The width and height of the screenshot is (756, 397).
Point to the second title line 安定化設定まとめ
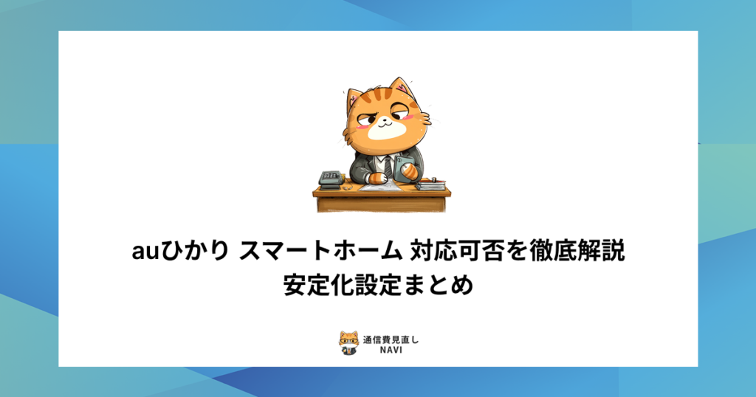point(377,284)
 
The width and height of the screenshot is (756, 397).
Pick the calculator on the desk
point(329,178)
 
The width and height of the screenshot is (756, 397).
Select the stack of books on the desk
point(430,182)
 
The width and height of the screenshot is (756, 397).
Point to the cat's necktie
point(388,165)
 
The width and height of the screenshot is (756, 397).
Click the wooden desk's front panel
point(381,202)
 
